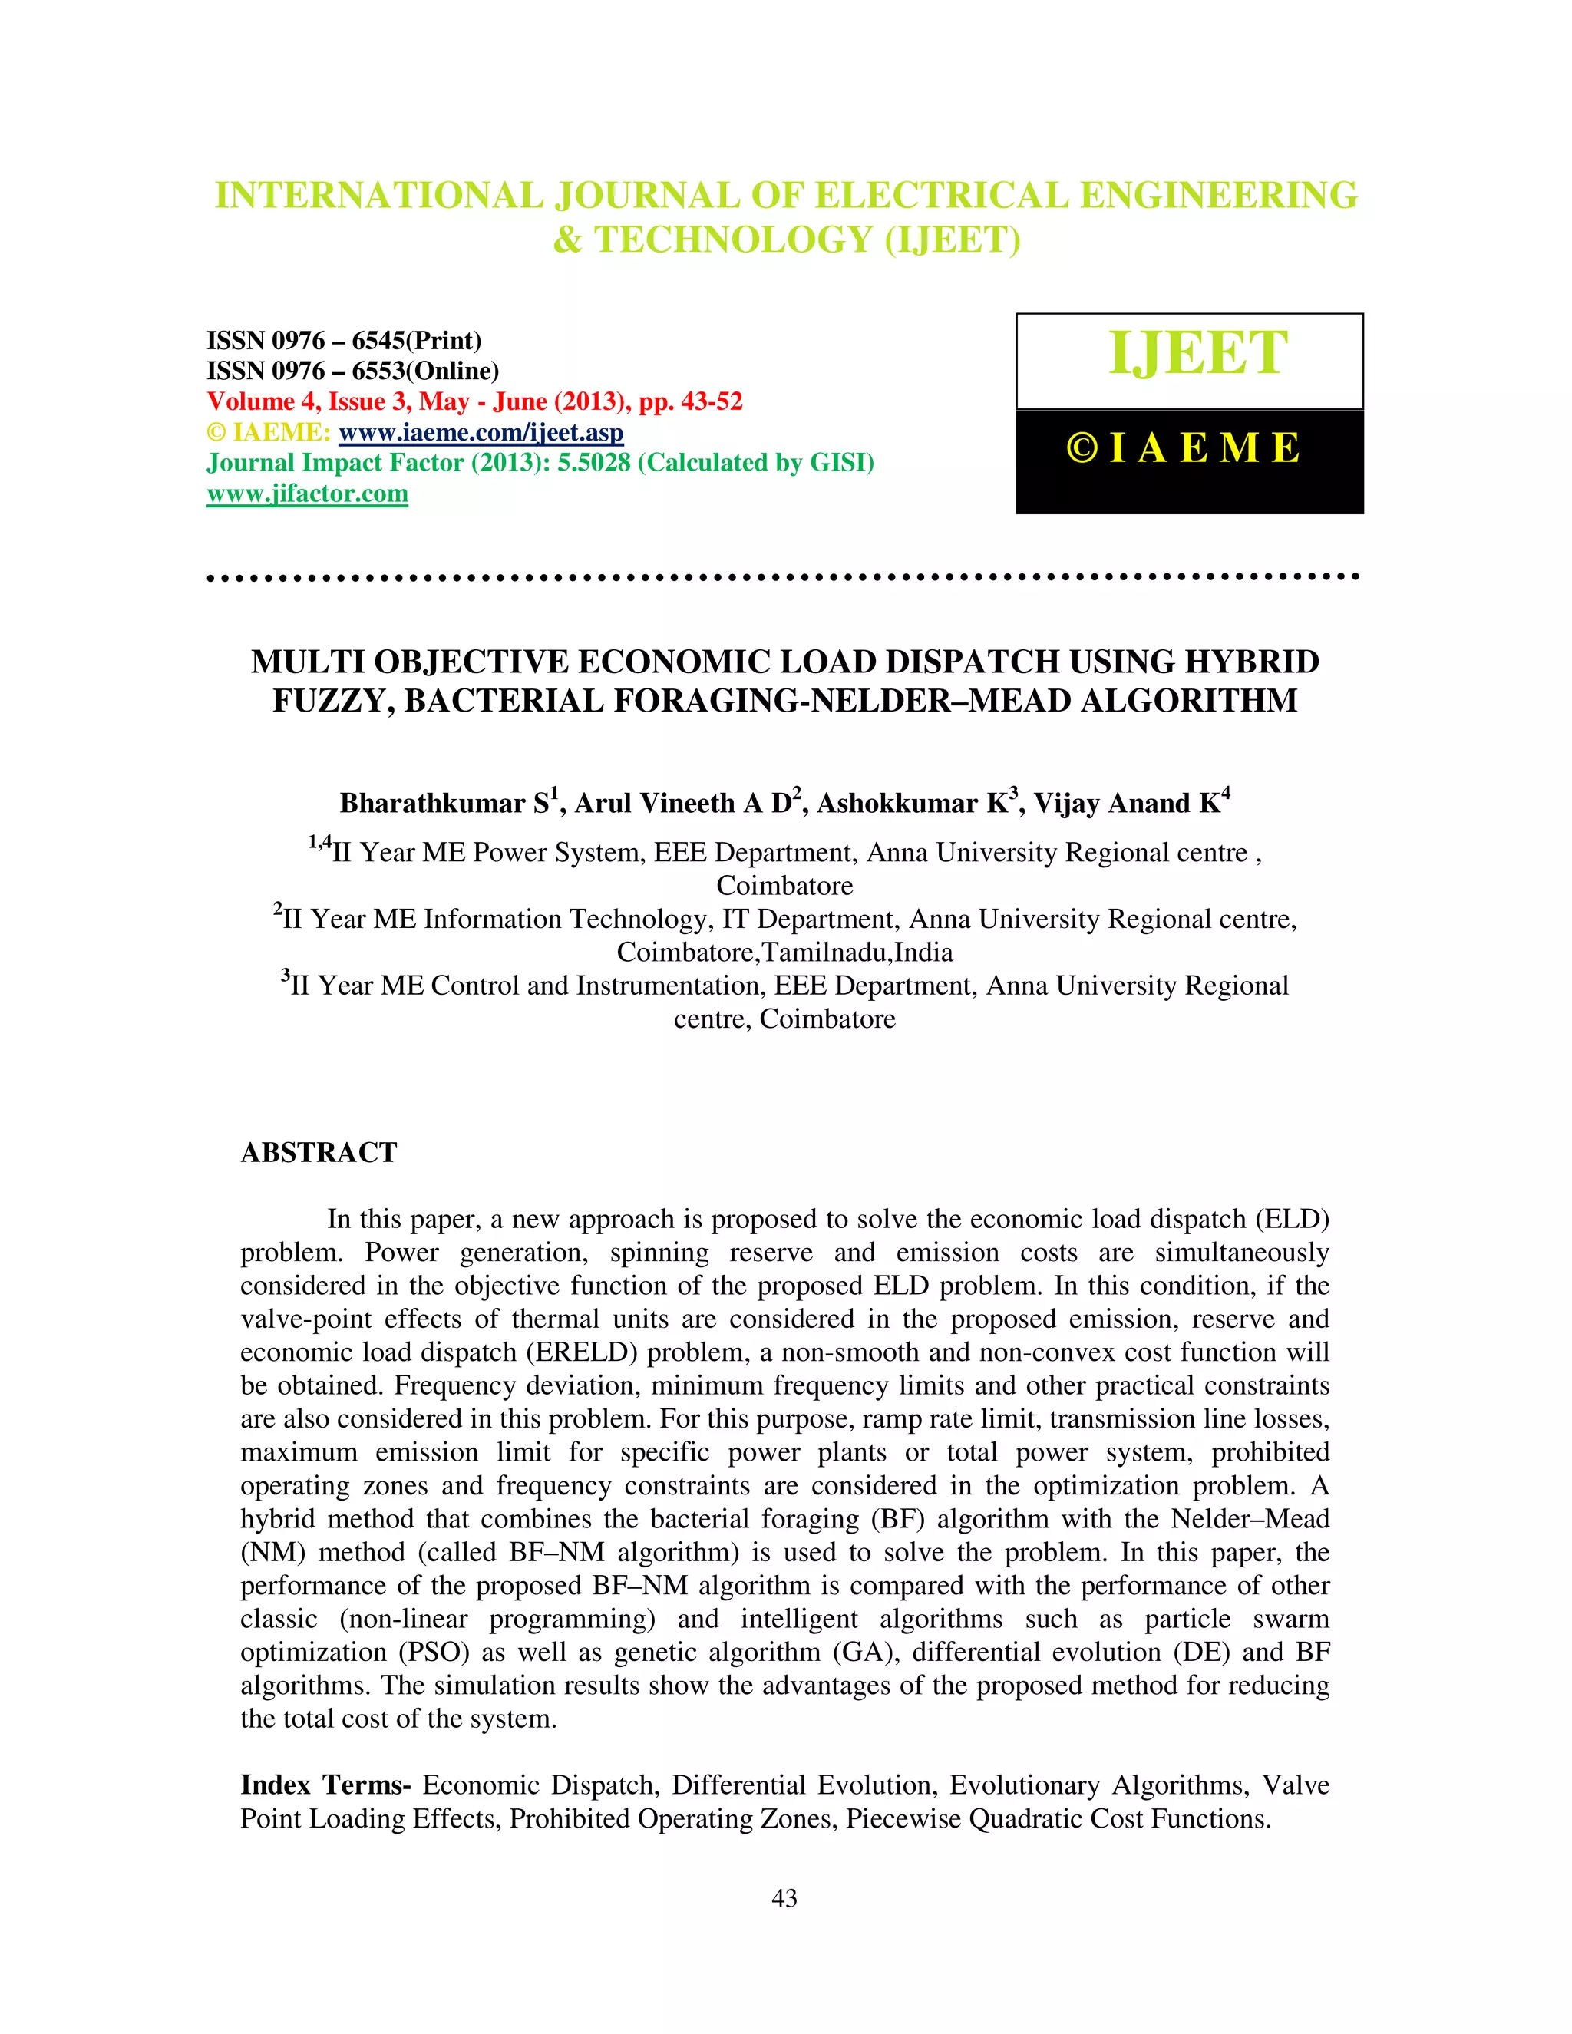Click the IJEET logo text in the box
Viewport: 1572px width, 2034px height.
tap(1197, 353)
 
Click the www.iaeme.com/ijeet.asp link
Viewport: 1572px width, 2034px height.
tap(481, 432)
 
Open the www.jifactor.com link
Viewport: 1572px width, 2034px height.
tap(307, 494)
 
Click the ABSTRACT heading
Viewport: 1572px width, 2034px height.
tap(319, 1153)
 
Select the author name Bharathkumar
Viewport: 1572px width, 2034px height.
tap(432, 804)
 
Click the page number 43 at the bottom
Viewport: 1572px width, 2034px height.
tap(784, 1899)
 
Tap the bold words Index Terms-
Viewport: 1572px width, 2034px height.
tap(325, 1785)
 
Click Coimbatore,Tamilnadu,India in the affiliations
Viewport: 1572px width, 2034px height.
tap(784, 953)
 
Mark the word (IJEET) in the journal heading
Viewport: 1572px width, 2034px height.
tap(952, 241)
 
